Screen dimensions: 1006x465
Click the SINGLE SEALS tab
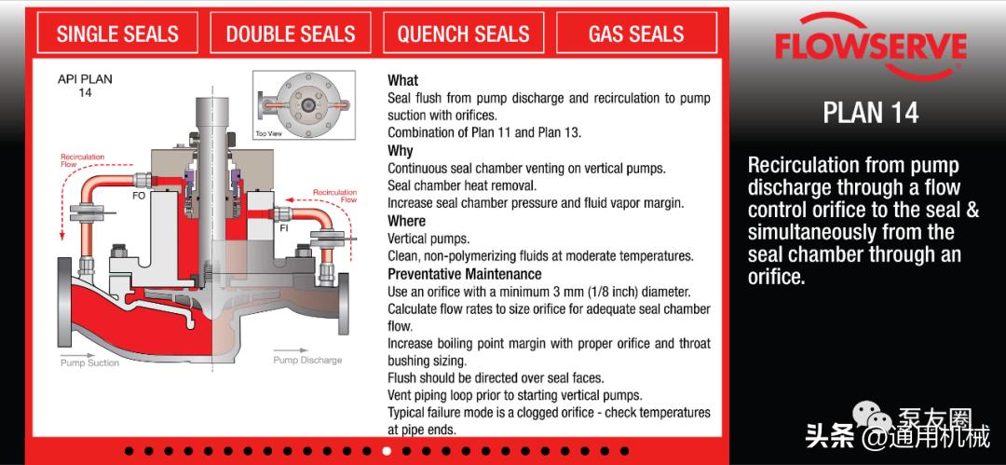(117, 33)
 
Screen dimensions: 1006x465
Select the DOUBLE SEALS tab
(290, 33)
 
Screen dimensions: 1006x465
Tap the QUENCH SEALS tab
(463, 33)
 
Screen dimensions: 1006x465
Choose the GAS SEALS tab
(636, 33)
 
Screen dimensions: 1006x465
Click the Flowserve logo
(871, 47)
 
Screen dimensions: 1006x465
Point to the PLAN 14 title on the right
(871, 113)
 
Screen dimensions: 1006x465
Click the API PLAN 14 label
(85, 86)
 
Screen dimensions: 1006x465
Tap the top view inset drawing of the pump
(304, 104)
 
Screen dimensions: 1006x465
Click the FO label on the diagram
(139, 196)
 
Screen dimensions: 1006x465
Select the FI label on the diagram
(284, 228)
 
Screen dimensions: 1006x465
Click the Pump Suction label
(89, 362)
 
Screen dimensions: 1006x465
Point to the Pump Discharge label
(307, 361)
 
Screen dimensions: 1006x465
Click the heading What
(403, 81)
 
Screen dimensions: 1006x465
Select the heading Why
(401, 151)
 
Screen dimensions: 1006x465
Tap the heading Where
(407, 221)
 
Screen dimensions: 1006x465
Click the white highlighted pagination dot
(387, 451)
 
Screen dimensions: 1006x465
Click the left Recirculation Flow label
(82, 160)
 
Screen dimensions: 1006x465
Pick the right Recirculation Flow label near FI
(335, 196)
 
